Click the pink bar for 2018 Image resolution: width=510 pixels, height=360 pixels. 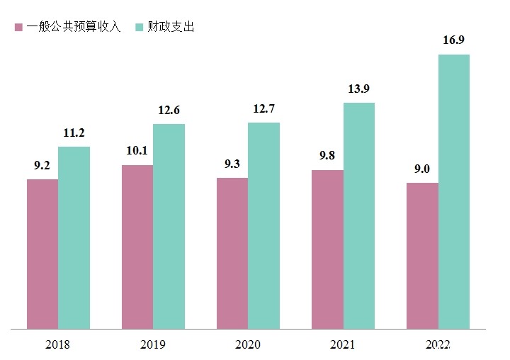[42, 254]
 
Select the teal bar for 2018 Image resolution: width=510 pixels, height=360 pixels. [74, 238]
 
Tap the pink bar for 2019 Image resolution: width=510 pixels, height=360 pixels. [137, 247]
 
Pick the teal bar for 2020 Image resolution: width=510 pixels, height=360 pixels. [263, 226]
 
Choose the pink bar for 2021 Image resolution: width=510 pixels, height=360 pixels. [327, 249]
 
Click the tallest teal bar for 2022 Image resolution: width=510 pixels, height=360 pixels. [454, 192]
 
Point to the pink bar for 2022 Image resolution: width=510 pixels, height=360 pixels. [422, 256]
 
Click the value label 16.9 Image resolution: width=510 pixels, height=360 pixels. [454, 40]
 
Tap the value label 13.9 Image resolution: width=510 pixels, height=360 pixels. [359, 89]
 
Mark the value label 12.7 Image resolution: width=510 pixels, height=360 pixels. [263, 108]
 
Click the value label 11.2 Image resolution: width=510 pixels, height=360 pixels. [74, 133]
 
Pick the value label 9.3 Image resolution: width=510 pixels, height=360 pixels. [232, 164]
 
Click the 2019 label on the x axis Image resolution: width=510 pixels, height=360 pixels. [153, 345]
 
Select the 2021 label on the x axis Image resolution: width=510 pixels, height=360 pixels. [343, 345]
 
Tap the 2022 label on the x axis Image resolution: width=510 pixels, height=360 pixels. [438, 345]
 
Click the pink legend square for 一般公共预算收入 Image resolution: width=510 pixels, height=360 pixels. [18, 28]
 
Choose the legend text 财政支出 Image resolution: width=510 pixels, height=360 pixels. [171, 28]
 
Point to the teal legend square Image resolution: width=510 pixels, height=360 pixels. [139, 28]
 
